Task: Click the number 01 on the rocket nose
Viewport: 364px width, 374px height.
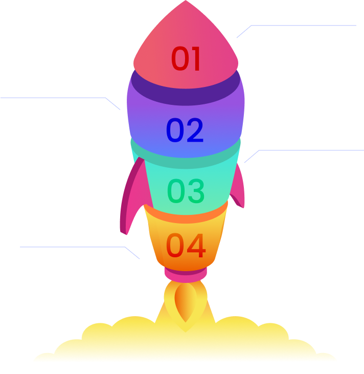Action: click(x=186, y=59)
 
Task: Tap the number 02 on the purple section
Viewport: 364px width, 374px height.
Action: click(x=185, y=130)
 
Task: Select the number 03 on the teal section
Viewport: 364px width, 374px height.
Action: click(x=186, y=191)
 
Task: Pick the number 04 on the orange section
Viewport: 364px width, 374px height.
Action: click(x=186, y=246)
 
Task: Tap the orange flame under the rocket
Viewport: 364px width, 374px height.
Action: click(x=185, y=304)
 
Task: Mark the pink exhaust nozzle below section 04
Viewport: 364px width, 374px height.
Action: click(x=185, y=275)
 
